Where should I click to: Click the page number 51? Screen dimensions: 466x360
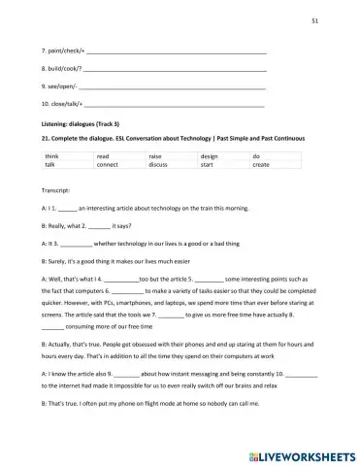coord(341,19)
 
